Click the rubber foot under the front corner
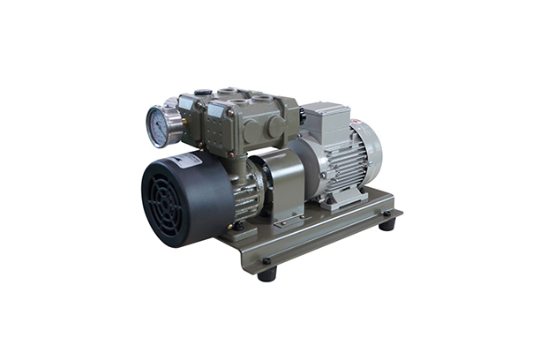point(266,273)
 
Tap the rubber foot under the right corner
point(386,224)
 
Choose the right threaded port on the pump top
point(262,97)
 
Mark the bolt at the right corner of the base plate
point(385,212)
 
